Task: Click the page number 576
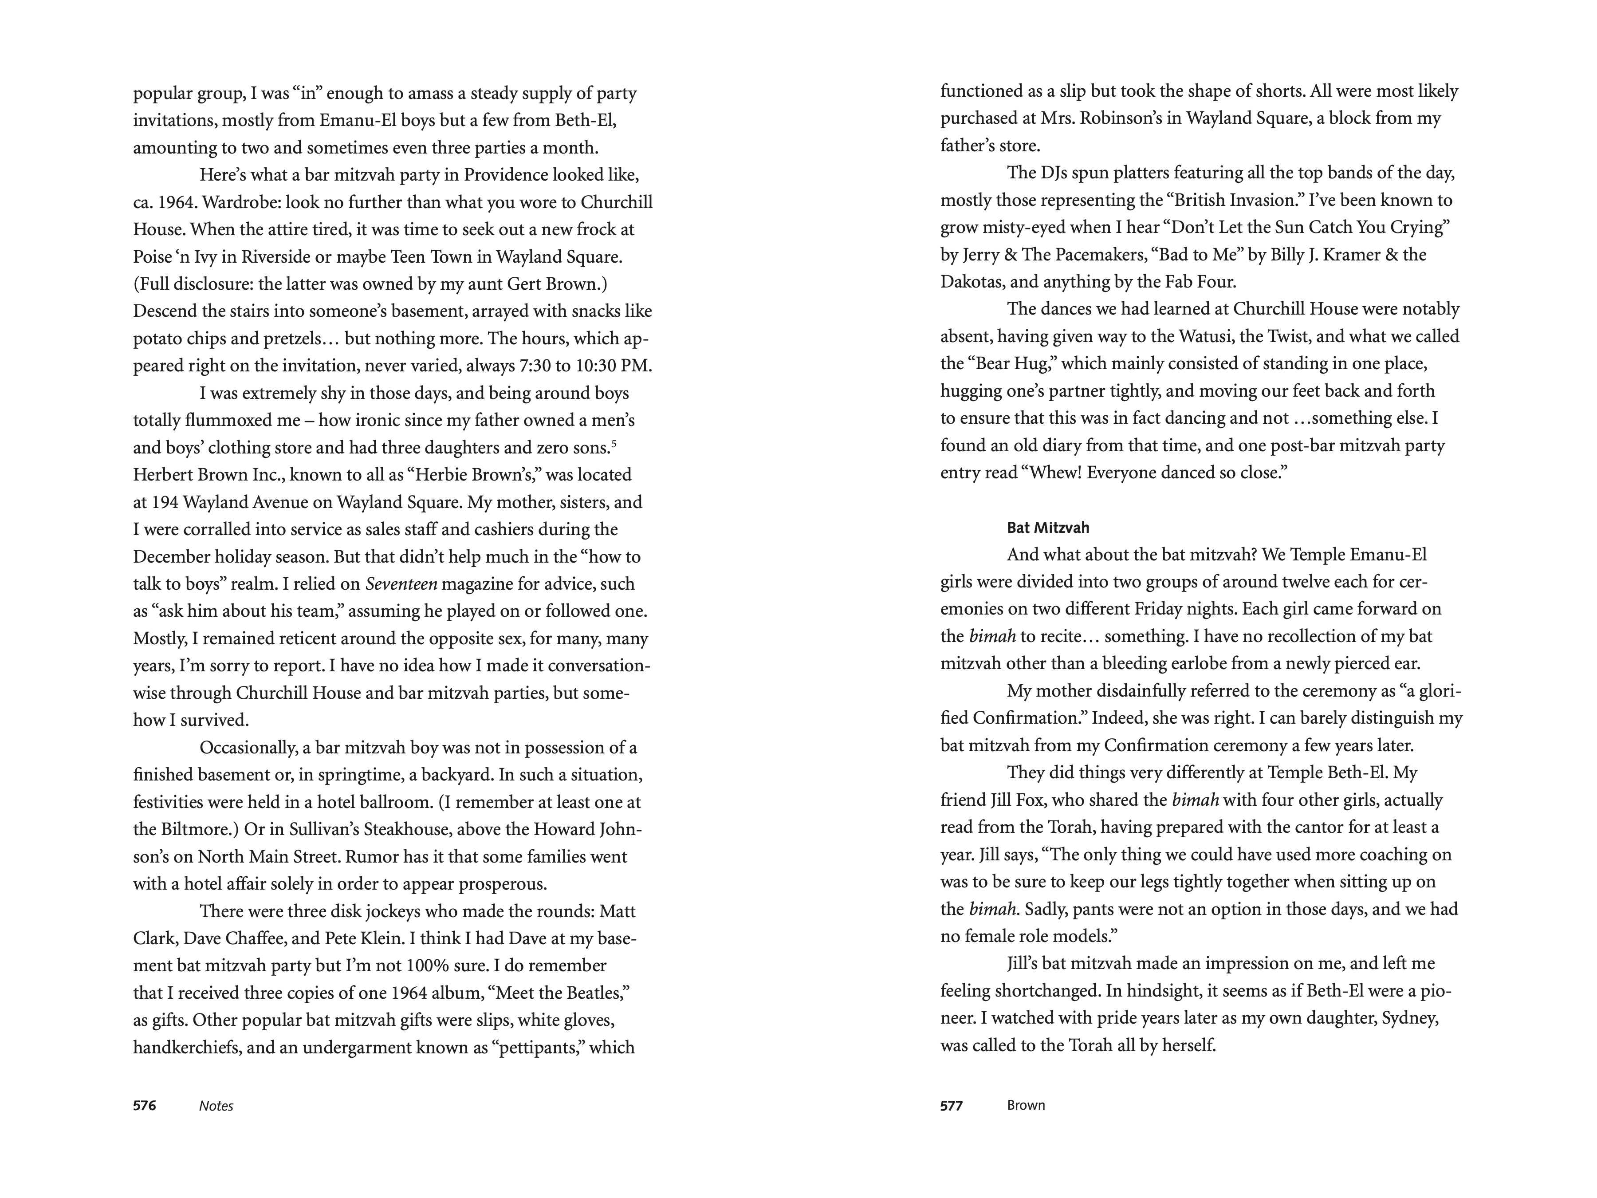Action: (x=144, y=1106)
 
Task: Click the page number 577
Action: (x=952, y=1106)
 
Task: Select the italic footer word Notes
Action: (x=216, y=1106)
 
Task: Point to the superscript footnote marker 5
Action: (x=614, y=443)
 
